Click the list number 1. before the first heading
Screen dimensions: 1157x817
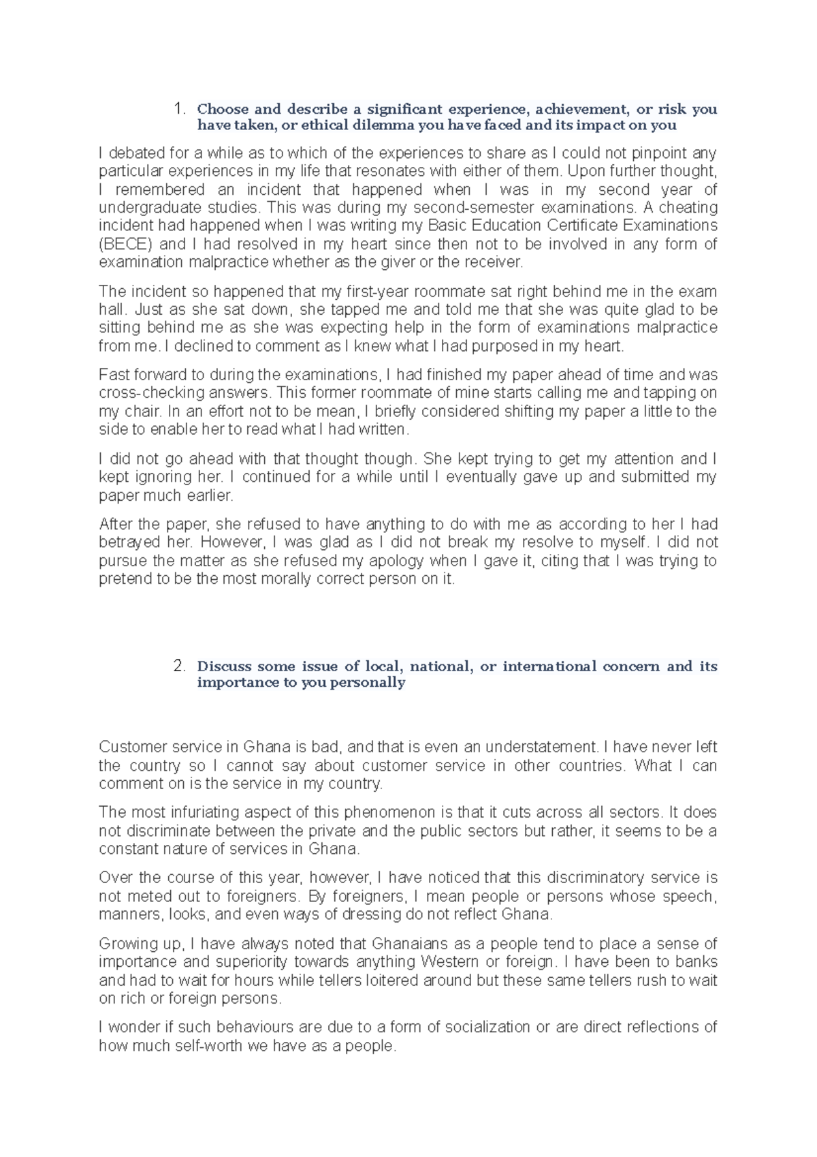(179, 109)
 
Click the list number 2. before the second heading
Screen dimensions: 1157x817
(179, 666)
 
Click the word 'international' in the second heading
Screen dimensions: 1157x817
(549, 666)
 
